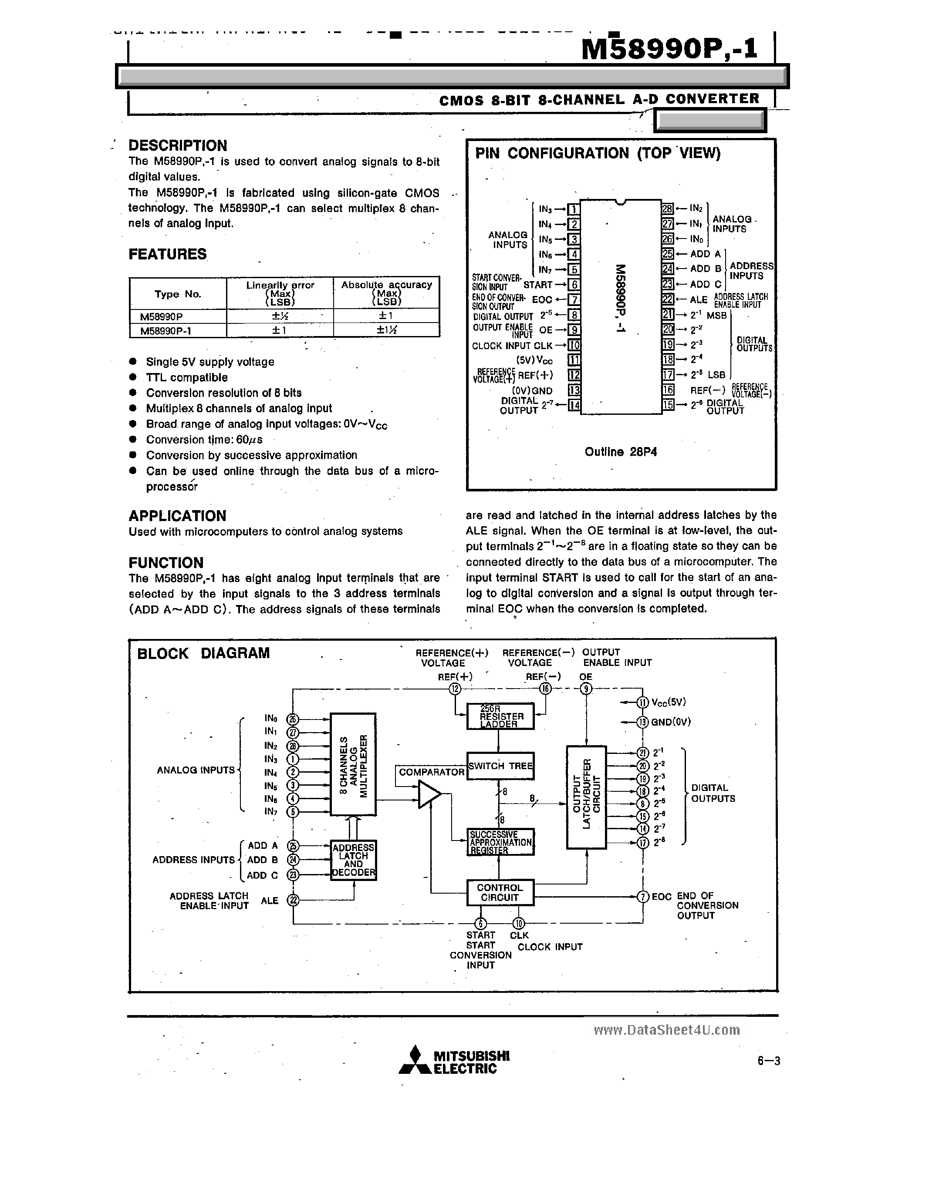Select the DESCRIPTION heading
pyautogui.click(x=178, y=146)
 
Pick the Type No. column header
pyautogui.click(x=178, y=294)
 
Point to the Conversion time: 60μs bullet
pyautogui.click(x=204, y=440)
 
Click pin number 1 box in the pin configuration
pyautogui.click(x=574, y=209)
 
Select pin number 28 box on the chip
pyautogui.click(x=667, y=209)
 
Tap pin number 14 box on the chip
pyautogui.click(x=574, y=406)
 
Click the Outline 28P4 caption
pyautogui.click(x=620, y=452)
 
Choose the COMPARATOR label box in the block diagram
pyautogui.click(x=431, y=772)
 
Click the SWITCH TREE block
pyautogui.click(x=500, y=766)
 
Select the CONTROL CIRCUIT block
pyautogui.click(x=500, y=893)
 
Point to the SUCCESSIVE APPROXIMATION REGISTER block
pyautogui.click(x=500, y=842)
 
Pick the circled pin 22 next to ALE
pyautogui.click(x=294, y=900)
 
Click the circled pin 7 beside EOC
pyautogui.click(x=643, y=897)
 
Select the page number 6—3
pyautogui.click(x=768, y=1061)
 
